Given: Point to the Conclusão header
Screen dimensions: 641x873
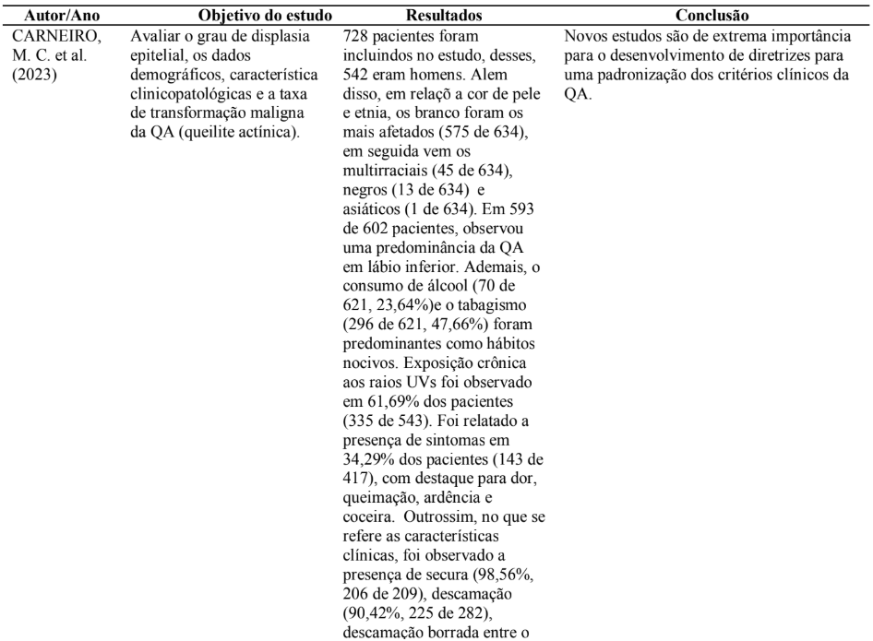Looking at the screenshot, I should [x=712, y=17].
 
